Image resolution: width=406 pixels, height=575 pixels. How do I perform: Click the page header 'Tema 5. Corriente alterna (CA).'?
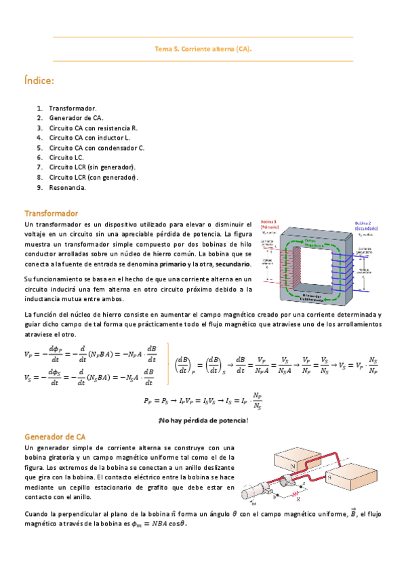(203, 49)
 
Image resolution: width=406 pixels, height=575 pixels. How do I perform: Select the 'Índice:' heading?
(39, 81)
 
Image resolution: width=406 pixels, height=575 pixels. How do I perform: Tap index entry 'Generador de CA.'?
(76, 118)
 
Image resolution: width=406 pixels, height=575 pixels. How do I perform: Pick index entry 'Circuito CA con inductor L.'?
(89, 138)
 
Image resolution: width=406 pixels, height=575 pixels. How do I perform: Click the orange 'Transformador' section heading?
(51, 213)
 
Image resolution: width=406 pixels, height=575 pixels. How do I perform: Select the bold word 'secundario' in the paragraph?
(232, 264)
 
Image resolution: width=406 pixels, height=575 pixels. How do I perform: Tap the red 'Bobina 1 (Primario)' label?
(270, 226)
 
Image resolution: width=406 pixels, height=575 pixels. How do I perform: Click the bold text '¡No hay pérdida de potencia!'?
(203, 421)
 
